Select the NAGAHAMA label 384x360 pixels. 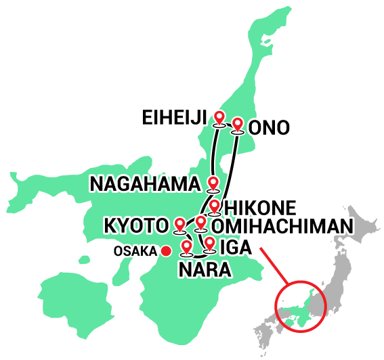pyautogui.click(x=145, y=183)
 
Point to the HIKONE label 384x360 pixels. pyautogui.click(x=260, y=206)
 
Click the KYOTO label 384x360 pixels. pyautogui.click(x=135, y=225)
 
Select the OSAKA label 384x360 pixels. pyautogui.click(x=135, y=251)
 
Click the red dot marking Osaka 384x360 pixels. pyautogui.click(x=165, y=251)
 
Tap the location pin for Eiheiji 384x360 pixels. pyautogui.click(x=219, y=118)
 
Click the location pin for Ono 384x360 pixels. pyautogui.click(x=238, y=124)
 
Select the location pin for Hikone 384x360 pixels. pyautogui.click(x=215, y=205)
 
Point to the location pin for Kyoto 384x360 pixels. pyautogui.click(x=180, y=223)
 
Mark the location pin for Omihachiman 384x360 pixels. pyautogui.click(x=200, y=222)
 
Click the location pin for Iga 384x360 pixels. pyautogui.click(x=210, y=242)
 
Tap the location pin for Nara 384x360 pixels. pyautogui.click(x=186, y=246)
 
